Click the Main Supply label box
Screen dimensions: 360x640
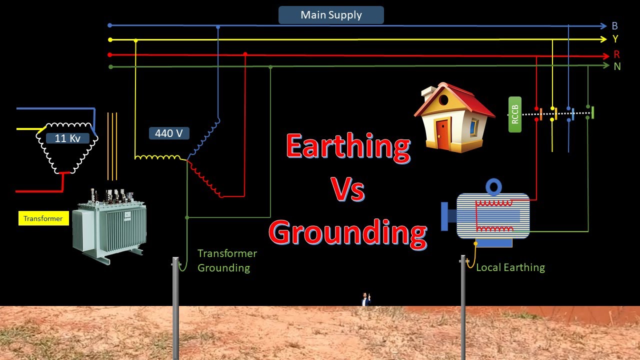[331, 15]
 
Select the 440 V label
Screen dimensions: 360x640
[169, 133]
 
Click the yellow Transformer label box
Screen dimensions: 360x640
[43, 218]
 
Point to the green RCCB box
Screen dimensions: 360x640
[515, 114]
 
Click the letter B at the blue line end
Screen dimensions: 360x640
[615, 26]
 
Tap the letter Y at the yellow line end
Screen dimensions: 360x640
[615, 39]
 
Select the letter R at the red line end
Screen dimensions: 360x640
[616, 54]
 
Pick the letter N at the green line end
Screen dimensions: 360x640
[617, 66]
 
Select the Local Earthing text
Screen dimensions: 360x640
[510, 267]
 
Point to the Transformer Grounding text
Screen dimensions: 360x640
[227, 260]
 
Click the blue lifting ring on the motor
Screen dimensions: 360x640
[493, 187]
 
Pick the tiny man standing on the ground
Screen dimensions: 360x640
[365, 299]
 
